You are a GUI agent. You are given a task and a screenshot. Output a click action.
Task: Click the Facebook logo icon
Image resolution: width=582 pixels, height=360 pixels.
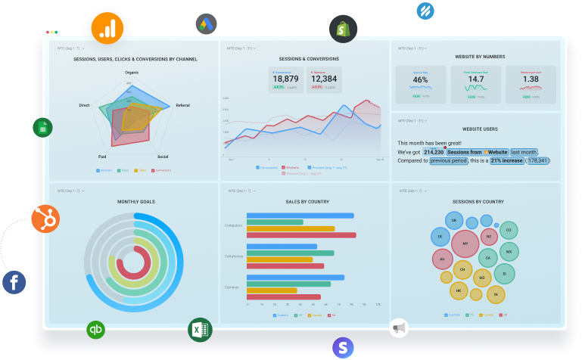14,283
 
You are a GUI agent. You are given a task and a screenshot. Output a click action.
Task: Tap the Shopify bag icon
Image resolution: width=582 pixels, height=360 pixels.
343,29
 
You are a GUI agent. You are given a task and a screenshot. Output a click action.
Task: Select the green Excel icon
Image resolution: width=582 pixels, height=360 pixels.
200,330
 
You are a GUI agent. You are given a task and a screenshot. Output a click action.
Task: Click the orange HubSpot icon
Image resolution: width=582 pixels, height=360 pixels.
45,219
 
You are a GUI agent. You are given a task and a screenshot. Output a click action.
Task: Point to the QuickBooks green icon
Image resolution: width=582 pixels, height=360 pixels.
96,330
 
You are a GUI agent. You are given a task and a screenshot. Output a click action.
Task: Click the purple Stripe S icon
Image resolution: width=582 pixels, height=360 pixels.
344,347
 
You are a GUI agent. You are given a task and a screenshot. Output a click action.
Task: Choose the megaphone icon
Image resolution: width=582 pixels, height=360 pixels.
399,328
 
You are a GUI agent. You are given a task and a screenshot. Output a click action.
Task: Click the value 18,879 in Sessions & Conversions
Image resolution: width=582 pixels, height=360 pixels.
285,79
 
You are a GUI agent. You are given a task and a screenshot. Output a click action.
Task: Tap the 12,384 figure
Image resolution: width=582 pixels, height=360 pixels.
324,79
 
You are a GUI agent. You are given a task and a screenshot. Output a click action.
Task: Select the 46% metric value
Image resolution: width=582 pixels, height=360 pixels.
421,79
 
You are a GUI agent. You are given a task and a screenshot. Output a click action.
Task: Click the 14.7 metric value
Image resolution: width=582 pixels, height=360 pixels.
475,79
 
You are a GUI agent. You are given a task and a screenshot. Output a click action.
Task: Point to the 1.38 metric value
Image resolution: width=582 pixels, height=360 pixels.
531,79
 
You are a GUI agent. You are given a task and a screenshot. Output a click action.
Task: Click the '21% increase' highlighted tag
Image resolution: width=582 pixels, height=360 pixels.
506,160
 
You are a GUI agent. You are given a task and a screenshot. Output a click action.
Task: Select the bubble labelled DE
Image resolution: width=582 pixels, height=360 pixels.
440,237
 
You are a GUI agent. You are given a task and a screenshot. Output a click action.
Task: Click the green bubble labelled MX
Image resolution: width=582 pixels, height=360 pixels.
509,250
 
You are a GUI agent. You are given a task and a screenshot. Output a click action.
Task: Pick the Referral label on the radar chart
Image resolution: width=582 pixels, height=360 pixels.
182,105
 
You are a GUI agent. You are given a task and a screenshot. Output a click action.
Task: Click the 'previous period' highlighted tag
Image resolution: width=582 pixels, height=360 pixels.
449,160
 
